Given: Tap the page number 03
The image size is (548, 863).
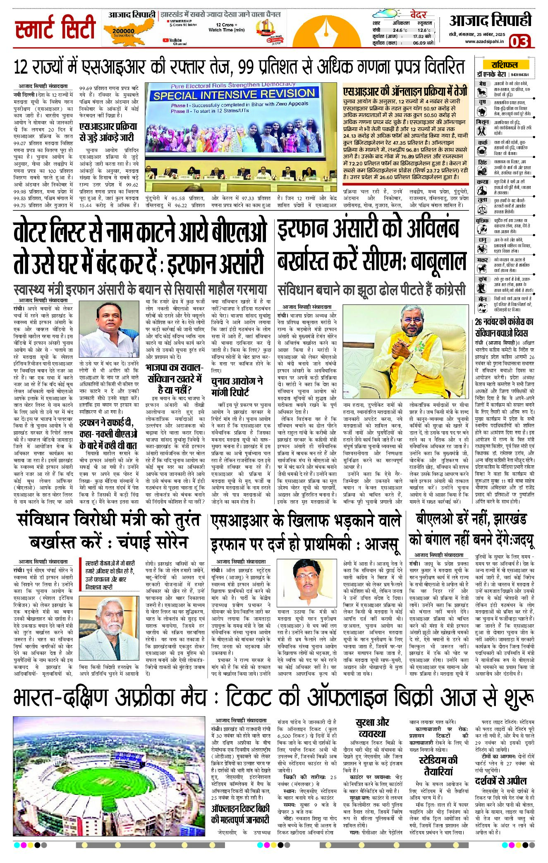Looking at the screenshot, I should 519,41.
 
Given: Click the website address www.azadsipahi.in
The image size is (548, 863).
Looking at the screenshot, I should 484,41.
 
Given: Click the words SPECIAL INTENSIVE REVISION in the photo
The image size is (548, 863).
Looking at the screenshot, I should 234,95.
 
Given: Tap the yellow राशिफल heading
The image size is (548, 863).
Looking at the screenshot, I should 504,65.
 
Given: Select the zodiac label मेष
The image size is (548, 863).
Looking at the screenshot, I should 482,84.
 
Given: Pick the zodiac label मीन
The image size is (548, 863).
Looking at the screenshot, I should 482,299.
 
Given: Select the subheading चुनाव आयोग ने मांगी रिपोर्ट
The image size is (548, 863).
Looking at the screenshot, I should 237,386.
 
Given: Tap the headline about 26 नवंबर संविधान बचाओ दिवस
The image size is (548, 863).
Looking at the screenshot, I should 504,327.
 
